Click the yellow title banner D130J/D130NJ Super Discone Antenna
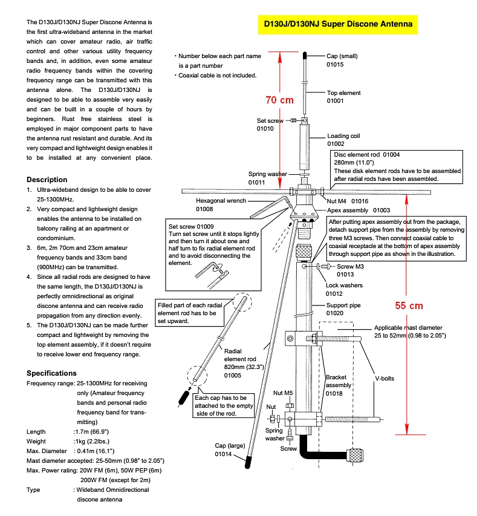tap(339, 24)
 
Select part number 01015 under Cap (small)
tap(335, 64)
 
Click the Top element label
tap(343, 93)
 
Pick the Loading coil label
tap(343, 136)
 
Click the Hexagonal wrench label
tap(221, 201)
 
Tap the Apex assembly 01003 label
tap(359, 210)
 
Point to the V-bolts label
tap(381, 379)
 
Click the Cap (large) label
tap(230, 446)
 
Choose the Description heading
tap(47, 180)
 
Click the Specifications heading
tap(52, 373)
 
